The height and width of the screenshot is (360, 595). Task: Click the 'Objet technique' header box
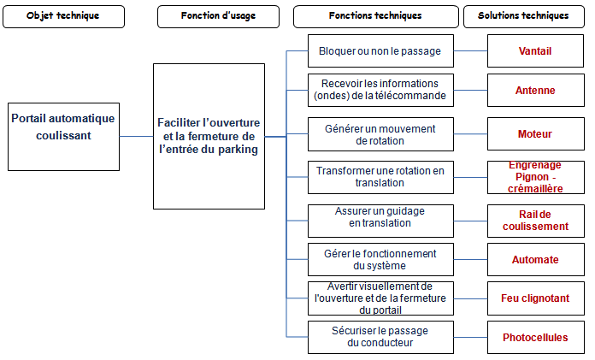64,16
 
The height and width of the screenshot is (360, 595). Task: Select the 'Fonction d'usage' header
218,16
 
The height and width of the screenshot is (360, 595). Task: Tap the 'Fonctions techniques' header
375,16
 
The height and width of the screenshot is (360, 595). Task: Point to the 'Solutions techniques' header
524,16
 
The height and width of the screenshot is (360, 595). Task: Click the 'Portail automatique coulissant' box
64,137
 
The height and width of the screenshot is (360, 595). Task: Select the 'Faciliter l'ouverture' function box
209,136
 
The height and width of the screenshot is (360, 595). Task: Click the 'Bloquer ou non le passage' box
380,51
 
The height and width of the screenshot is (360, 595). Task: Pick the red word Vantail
535,51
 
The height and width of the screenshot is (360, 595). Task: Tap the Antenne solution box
536,91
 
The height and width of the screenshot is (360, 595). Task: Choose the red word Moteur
535,133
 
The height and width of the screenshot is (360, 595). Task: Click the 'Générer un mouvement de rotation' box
380,134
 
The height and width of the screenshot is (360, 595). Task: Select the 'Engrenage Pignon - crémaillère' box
536,177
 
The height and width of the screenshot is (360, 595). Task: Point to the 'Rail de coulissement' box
536,221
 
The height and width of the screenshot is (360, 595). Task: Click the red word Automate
535,260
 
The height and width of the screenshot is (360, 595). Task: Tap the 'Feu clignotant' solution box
536,298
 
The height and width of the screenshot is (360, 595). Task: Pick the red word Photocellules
535,337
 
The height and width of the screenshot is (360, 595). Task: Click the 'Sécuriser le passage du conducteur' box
380,337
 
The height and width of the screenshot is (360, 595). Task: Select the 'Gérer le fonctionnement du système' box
380,259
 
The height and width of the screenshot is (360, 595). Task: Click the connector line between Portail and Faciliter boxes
137,136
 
